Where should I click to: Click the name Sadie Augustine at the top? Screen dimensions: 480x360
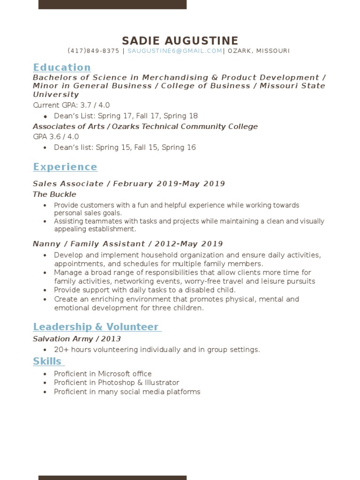point(180,41)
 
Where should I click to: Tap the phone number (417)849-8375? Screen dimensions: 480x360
point(93,51)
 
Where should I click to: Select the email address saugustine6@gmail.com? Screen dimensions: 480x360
point(174,51)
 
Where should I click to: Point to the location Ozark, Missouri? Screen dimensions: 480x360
point(259,51)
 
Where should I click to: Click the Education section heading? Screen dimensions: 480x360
point(61,67)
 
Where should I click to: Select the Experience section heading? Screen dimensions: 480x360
point(65,167)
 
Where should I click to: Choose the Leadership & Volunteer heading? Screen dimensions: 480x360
point(97,327)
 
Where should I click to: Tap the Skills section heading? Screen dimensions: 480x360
point(48,361)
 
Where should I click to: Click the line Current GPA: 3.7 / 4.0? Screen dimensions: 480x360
point(71,105)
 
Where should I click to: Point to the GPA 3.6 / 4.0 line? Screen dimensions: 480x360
point(56,137)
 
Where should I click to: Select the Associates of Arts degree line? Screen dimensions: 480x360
point(145,127)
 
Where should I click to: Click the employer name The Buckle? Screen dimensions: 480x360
point(54,194)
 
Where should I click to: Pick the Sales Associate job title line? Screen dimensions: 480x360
point(128,184)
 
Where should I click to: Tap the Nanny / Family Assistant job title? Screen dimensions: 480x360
point(127,244)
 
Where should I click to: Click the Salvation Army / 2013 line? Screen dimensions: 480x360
point(76,339)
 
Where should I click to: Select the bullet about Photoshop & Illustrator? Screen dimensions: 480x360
point(116,382)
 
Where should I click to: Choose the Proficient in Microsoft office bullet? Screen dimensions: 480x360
point(103,374)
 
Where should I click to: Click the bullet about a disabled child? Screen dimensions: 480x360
point(144,290)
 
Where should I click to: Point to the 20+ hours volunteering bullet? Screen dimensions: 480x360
point(157,350)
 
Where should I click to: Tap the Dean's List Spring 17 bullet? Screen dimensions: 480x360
point(126,116)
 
